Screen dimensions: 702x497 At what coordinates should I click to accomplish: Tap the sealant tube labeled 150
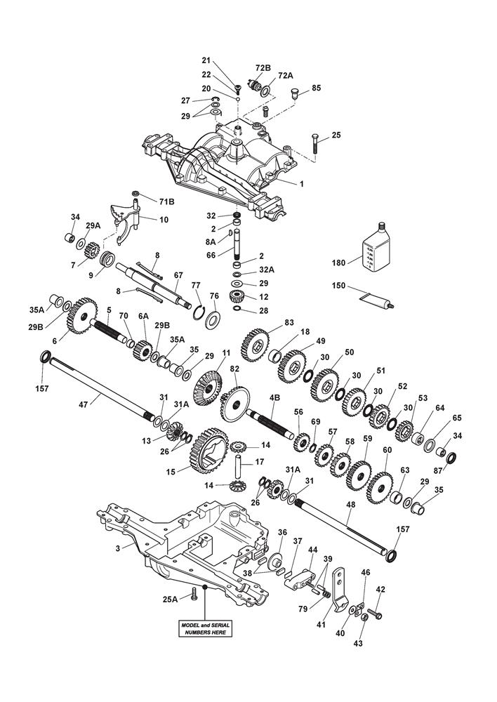tap(376, 298)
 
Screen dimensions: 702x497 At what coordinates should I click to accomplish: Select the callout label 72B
tap(263, 67)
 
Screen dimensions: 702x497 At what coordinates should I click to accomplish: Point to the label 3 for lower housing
tap(119, 547)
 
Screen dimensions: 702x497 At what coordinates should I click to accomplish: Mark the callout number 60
tap(387, 451)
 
